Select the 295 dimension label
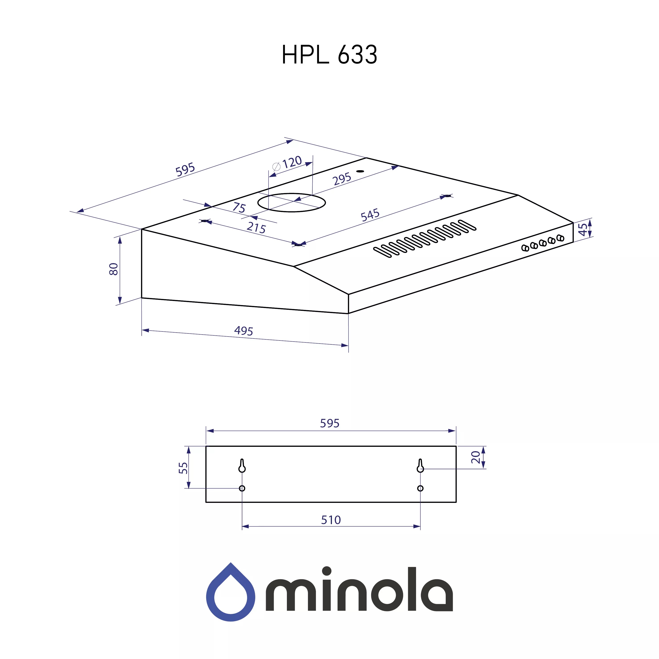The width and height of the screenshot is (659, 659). coord(342,178)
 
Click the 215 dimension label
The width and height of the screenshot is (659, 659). coord(256,228)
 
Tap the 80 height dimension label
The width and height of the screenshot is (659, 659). coord(114,269)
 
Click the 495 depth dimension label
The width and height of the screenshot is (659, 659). coord(244,331)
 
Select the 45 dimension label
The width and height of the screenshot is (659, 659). coord(583,229)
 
